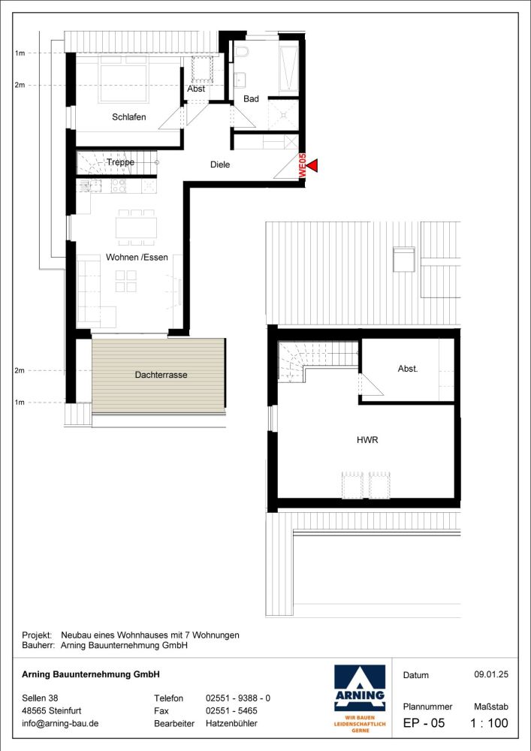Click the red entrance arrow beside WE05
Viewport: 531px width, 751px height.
(313, 165)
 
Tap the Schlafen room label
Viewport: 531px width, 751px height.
(128, 117)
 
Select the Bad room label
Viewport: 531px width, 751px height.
(251, 99)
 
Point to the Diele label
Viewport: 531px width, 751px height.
(220, 164)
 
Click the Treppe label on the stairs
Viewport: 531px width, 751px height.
(120, 162)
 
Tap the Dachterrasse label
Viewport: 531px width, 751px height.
(161, 375)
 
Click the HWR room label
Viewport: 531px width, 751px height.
(367, 441)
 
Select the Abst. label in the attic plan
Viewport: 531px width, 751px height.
(408, 369)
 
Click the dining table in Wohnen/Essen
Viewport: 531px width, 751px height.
(136, 226)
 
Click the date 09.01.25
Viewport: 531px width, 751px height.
(491, 675)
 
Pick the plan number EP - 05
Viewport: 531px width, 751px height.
(424, 724)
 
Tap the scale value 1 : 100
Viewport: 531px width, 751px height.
(489, 724)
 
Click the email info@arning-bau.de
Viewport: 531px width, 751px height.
(61, 724)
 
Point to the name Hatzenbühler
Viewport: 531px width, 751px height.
(231, 724)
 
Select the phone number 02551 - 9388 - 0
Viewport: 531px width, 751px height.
(237, 698)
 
